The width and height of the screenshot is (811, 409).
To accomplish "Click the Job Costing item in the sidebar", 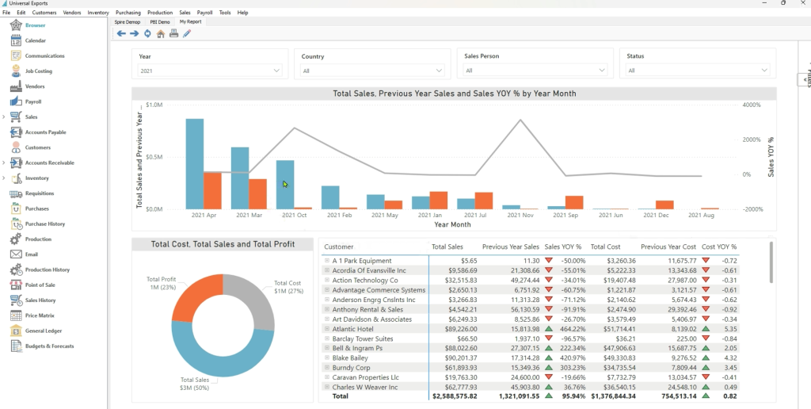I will pos(38,71).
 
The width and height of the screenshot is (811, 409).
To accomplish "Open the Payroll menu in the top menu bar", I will pos(204,13).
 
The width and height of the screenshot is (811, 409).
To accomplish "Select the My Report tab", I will pos(190,22).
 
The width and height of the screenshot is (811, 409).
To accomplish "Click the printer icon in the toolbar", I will pos(173,33).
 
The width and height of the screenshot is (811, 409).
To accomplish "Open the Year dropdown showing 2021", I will pos(211,71).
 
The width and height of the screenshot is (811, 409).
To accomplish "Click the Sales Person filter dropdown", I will pos(535,71).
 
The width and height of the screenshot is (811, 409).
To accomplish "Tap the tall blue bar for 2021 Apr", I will pos(194,163).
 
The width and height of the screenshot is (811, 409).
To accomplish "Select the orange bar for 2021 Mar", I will pos(257,193).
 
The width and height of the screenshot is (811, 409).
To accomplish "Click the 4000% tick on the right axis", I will pos(751,105).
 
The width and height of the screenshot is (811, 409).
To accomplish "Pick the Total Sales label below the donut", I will pos(195,380).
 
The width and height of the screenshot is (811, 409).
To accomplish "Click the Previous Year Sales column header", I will pos(510,247).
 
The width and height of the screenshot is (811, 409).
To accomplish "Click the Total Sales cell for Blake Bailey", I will pos(455,357).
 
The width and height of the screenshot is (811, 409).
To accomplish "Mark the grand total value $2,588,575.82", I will pos(455,396).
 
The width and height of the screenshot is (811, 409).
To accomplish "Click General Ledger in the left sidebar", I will pos(43,331).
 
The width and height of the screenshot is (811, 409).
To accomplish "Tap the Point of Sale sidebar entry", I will pos(40,285).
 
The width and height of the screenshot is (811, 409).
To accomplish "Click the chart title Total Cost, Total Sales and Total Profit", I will pos(223,244).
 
